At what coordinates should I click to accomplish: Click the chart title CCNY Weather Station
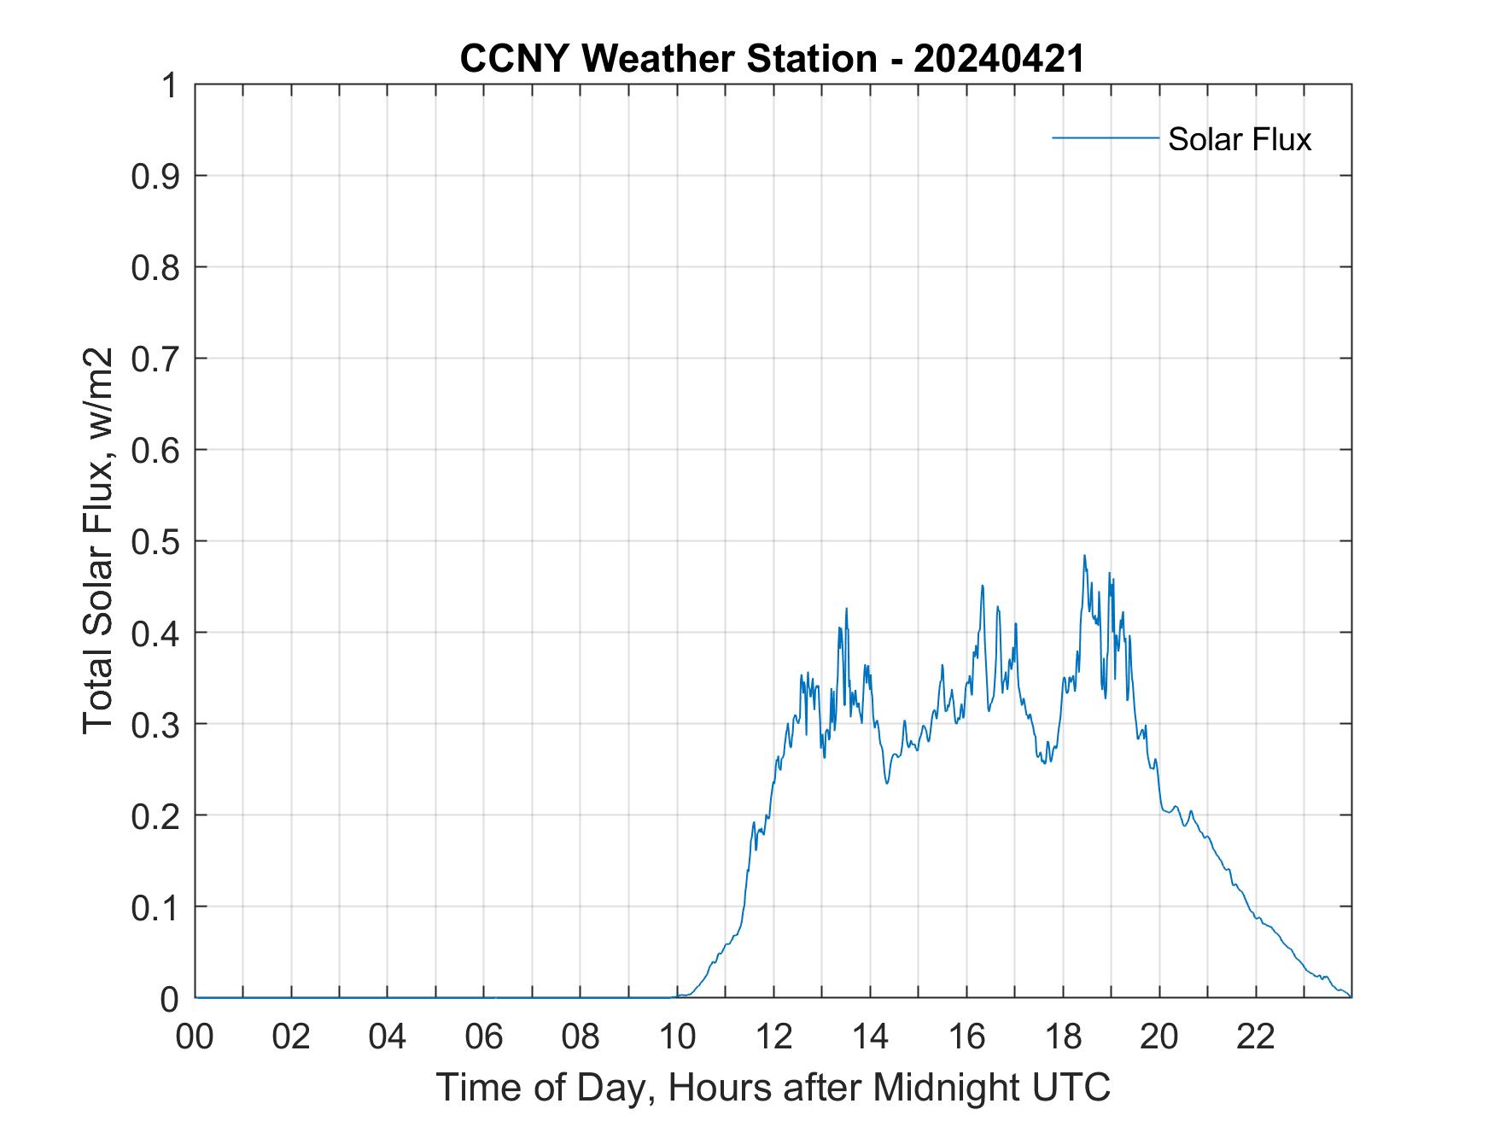pyautogui.click(x=668, y=59)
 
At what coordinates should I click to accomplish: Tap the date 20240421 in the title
pyautogui.click(x=998, y=59)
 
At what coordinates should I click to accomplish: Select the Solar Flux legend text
pyautogui.click(x=1239, y=139)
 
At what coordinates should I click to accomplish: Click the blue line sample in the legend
pyautogui.click(x=1105, y=137)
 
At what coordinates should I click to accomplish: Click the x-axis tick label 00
pyautogui.click(x=195, y=1037)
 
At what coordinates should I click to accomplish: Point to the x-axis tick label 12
pyautogui.click(x=773, y=1037)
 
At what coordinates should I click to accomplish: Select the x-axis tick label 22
pyautogui.click(x=1256, y=1037)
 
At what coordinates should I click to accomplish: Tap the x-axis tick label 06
pyautogui.click(x=484, y=1037)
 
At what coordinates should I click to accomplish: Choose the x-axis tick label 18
pyautogui.click(x=1063, y=1037)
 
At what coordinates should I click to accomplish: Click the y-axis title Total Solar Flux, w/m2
pyautogui.click(x=99, y=540)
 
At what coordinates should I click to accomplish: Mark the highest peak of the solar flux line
pyautogui.click(x=1084, y=556)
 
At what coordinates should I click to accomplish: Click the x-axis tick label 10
pyautogui.click(x=677, y=1037)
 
